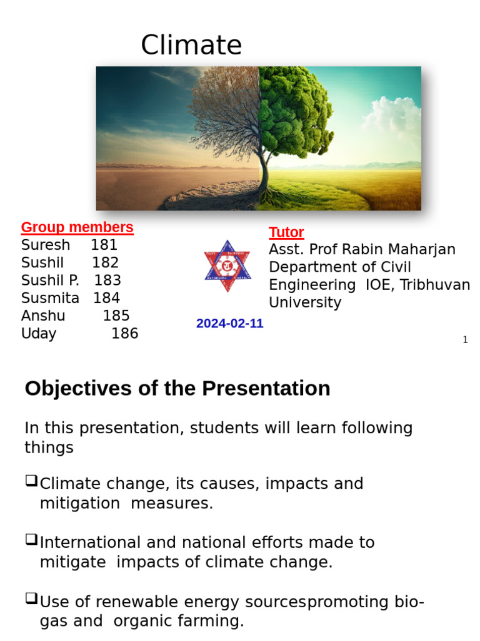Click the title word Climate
pyautogui.click(x=191, y=46)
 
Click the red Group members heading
pyautogui.click(x=77, y=227)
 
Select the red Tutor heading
pyautogui.click(x=286, y=232)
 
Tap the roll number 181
pyautogui.click(x=104, y=245)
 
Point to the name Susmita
pyautogui.click(x=50, y=298)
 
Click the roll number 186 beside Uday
pyautogui.click(x=124, y=334)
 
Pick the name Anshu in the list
pyautogui.click(x=43, y=315)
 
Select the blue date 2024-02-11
pyautogui.click(x=229, y=324)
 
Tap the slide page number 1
pyautogui.click(x=465, y=340)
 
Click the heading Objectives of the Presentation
pyautogui.click(x=177, y=389)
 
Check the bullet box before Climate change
pyautogui.click(x=31, y=481)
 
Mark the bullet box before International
pyautogui.click(x=31, y=540)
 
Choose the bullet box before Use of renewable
pyautogui.click(x=31, y=599)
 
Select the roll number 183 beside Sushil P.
pyautogui.click(x=107, y=280)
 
